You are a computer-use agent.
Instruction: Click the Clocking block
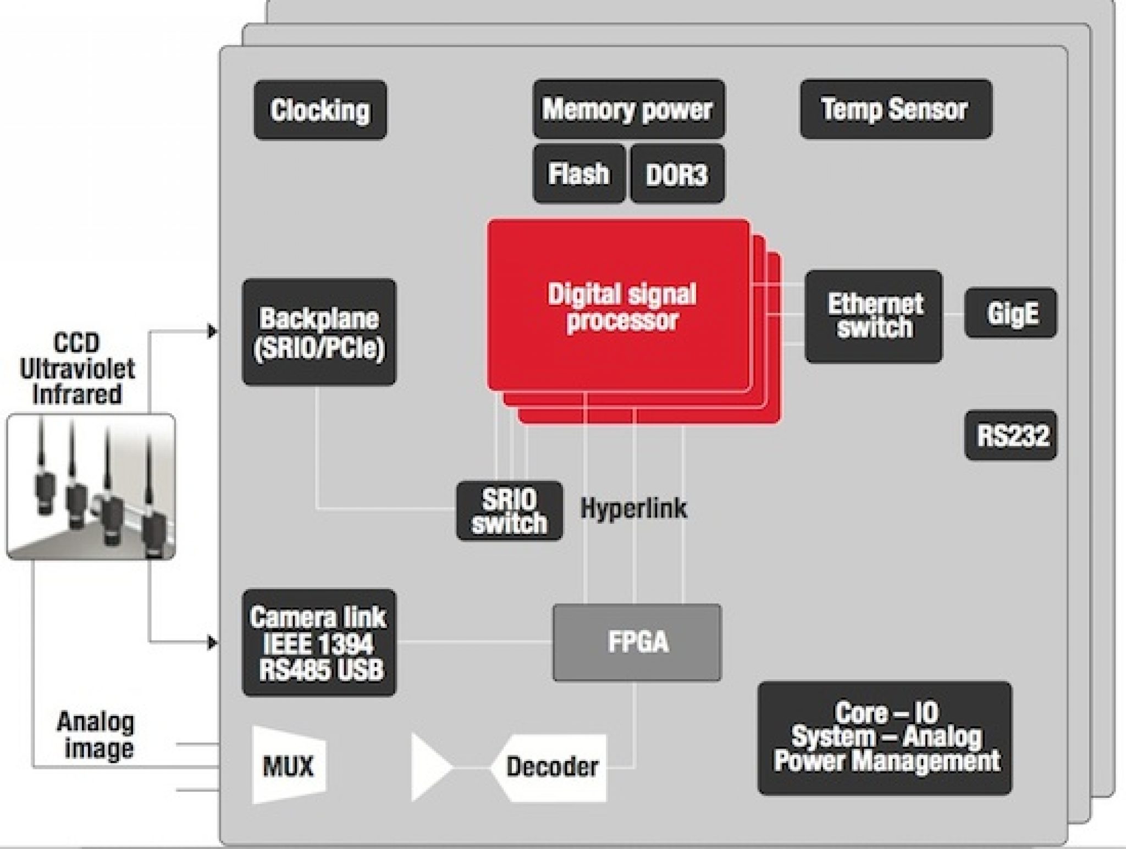[x=320, y=110]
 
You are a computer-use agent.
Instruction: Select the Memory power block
[x=628, y=109]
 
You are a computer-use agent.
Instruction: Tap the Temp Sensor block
[x=896, y=109]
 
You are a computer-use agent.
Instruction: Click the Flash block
[x=579, y=174]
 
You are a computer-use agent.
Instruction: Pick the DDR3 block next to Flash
[x=677, y=174]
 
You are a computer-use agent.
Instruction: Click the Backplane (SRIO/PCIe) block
[x=319, y=332]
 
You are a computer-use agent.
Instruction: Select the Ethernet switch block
[x=874, y=316]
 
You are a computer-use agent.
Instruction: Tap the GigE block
[x=1011, y=313]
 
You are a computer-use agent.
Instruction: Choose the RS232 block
[x=1011, y=435]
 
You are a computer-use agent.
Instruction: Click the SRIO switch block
[x=509, y=510]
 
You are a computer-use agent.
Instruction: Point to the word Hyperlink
[x=633, y=508]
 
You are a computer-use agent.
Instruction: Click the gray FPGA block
[x=637, y=642]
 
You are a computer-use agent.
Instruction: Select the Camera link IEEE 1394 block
[x=319, y=642]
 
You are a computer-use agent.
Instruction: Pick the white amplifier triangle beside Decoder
[x=427, y=767]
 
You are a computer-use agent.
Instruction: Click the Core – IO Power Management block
[x=885, y=737]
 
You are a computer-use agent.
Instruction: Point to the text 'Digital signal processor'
[x=621, y=306]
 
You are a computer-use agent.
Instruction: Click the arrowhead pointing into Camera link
[x=212, y=642]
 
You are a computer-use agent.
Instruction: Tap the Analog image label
[x=97, y=735]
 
